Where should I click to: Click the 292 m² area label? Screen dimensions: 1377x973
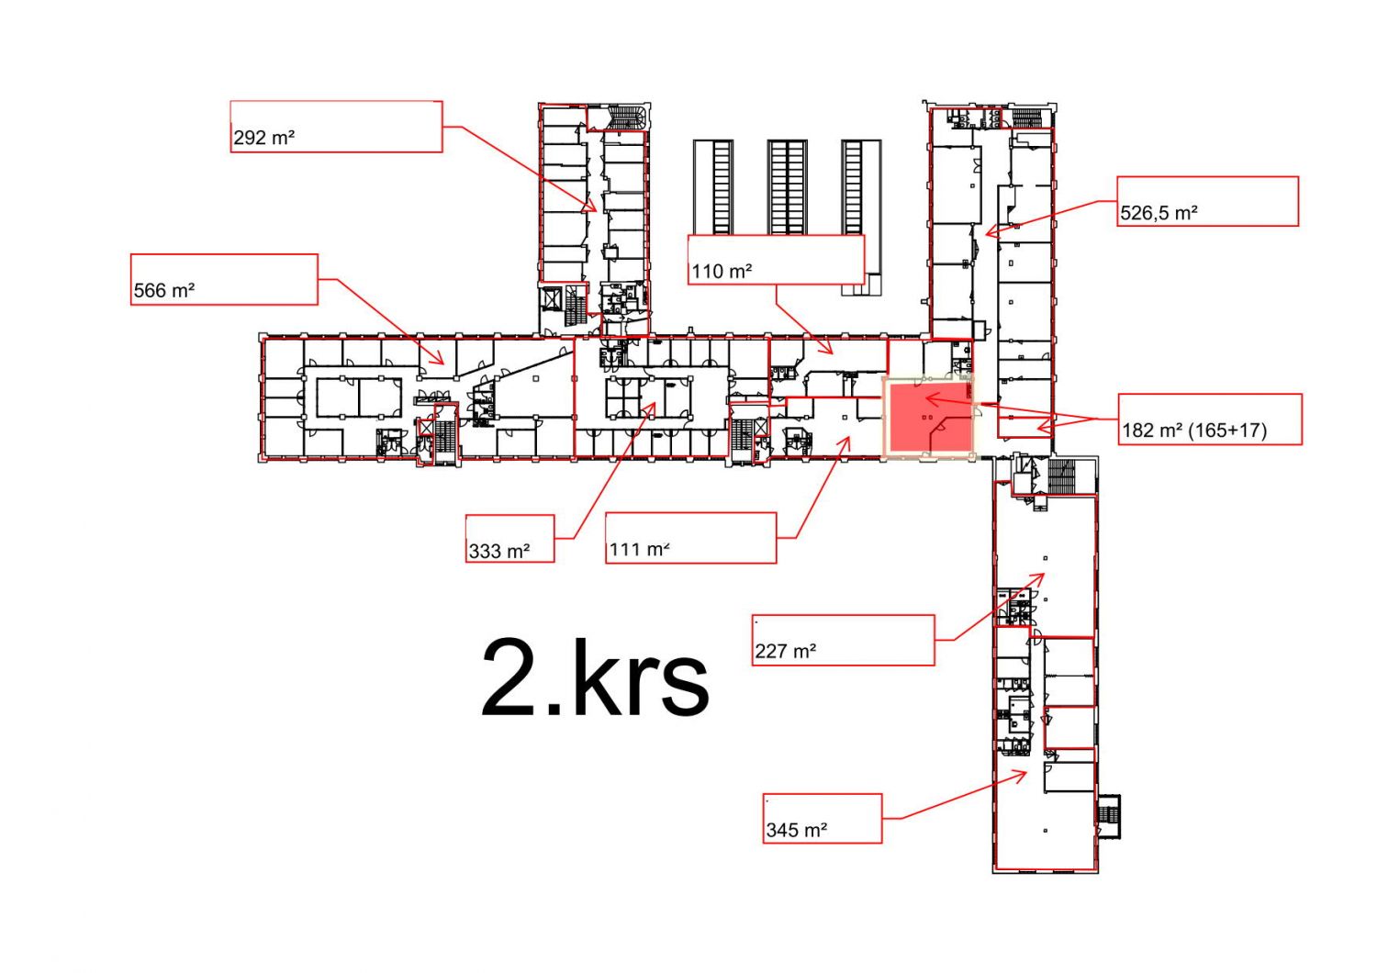click(263, 138)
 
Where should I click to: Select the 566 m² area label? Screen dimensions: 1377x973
click(164, 290)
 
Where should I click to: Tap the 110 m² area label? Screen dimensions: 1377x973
click(722, 271)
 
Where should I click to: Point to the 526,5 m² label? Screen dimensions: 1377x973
click(1159, 213)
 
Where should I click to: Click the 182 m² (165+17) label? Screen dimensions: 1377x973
click(1194, 431)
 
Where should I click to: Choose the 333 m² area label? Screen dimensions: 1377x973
click(499, 551)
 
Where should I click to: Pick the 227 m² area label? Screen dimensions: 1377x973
click(786, 650)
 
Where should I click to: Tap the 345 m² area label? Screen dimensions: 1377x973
click(797, 830)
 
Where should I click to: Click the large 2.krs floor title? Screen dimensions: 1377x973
click(595, 677)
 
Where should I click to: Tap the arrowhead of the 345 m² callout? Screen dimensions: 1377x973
click(1026, 772)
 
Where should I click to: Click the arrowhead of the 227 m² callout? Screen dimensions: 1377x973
click(1043, 575)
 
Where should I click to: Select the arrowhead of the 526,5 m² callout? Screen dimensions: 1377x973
click(986, 233)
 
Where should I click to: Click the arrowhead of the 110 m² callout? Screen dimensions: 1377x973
click(832, 353)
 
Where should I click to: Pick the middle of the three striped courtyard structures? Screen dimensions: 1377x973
click(787, 187)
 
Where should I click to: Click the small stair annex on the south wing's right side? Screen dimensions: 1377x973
click(1108, 816)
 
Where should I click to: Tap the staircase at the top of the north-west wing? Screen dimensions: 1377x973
click(627, 117)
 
